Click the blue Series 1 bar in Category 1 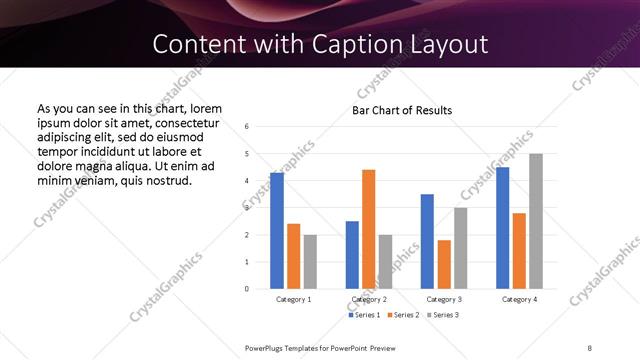(277, 231)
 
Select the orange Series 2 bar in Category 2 (368, 229)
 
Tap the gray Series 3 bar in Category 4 (536, 221)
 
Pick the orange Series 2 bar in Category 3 (444, 264)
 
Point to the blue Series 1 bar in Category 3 (427, 241)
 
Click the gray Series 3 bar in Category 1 (310, 262)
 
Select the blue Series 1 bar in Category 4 (503, 228)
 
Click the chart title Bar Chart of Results (402, 110)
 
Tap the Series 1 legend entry (364, 315)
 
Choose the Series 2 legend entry (402, 315)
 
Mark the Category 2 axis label (369, 299)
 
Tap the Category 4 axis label (520, 299)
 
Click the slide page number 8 (590, 347)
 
